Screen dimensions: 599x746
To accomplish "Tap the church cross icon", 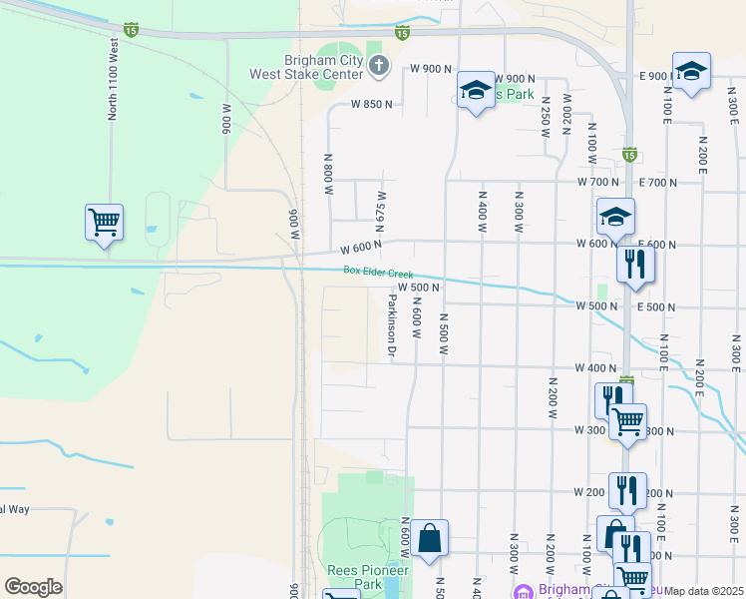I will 378,67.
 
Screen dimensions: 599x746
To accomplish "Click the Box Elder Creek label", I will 378,271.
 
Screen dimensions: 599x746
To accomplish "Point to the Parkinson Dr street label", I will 392,326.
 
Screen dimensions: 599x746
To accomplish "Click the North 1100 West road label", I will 114,80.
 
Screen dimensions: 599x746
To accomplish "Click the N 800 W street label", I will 327,175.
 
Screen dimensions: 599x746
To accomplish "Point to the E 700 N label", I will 656,183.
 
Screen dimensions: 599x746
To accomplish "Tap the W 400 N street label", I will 598,367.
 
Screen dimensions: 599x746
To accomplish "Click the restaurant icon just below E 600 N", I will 635,265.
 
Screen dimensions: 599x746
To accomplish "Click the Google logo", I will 33,587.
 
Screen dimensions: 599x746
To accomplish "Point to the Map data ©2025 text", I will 704,591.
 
